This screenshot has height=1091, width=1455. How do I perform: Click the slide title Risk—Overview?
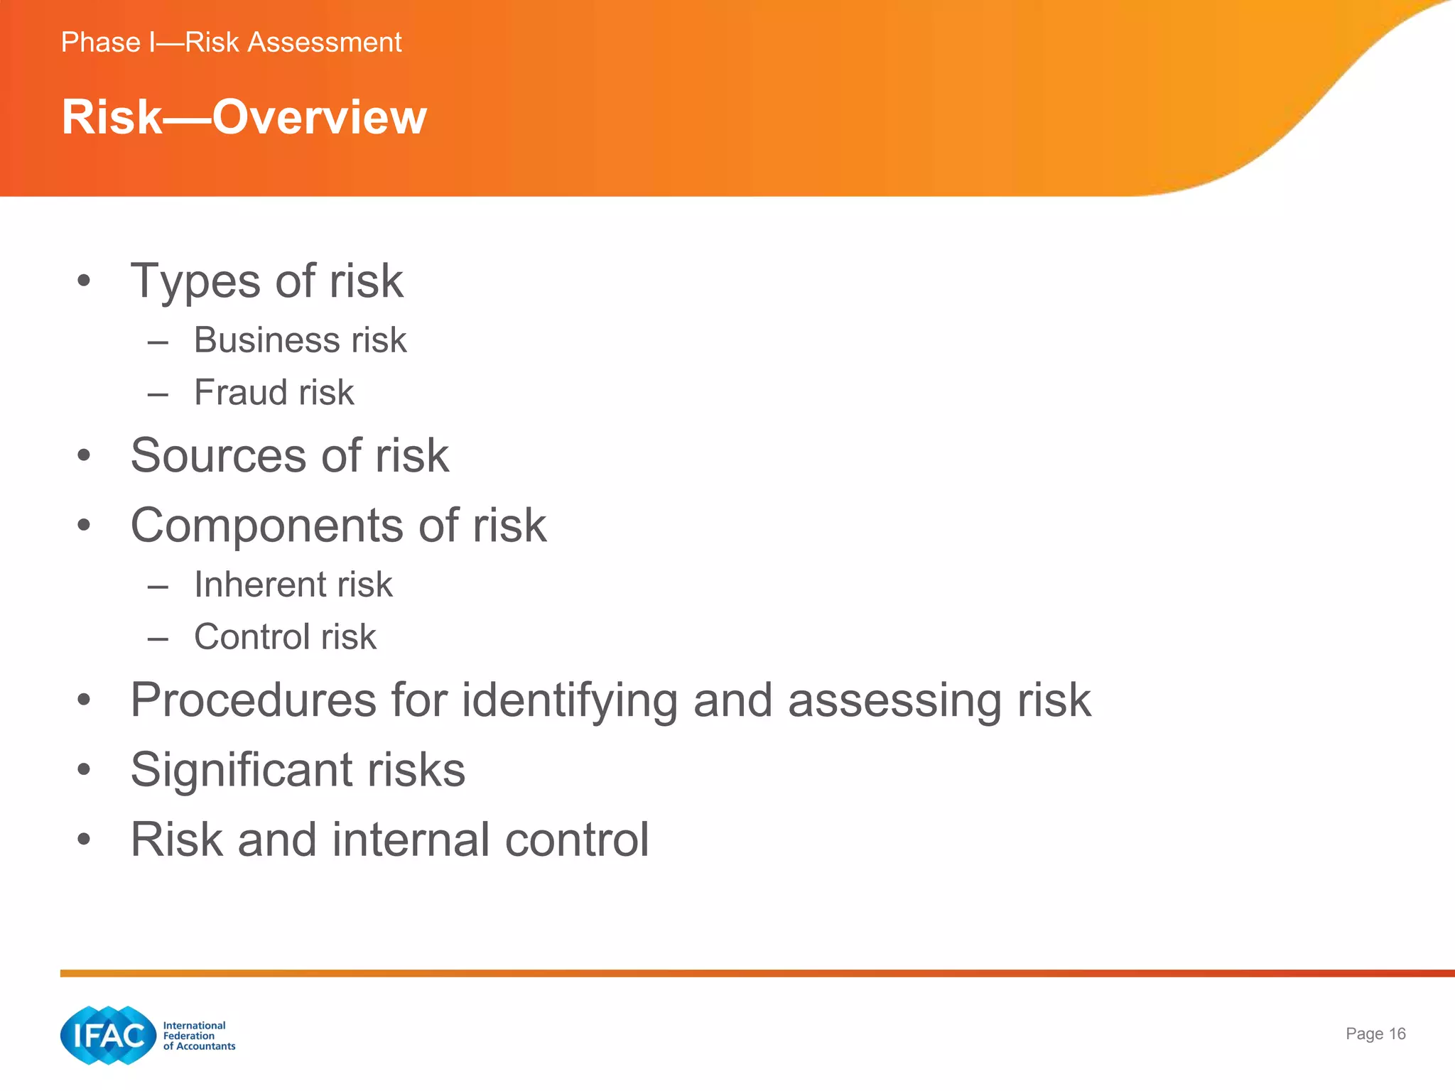click(x=244, y=117)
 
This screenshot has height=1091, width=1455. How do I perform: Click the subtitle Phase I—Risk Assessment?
click(x=231, y=43)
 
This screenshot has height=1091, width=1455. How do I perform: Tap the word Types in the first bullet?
click(x=195, y=282)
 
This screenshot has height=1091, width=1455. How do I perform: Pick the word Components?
click(x=267, y=526)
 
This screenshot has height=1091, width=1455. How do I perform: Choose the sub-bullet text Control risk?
click(x=285, y=637)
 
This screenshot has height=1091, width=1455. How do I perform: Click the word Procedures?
click(x=253, y=701)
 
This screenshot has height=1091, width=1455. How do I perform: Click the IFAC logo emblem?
click(x=108, y=1036)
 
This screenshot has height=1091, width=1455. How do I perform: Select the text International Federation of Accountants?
click(x=199, y=1036)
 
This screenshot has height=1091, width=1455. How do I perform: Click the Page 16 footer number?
click(x=1375, y=1034)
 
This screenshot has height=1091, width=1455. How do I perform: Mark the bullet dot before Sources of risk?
click(x=84, y=455)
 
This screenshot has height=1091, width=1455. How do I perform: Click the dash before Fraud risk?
click(x=158, y=394)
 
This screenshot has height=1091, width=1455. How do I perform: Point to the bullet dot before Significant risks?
click(x=84, y=770)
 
